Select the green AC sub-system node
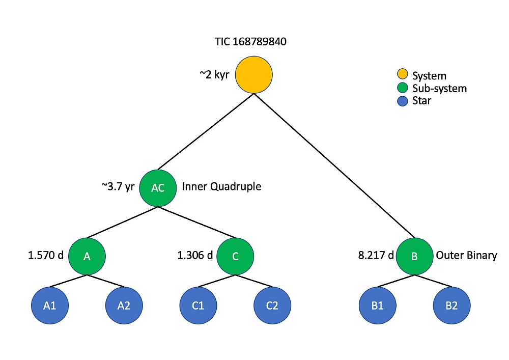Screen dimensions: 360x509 click(158, 187)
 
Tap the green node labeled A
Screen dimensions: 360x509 click(87, 256)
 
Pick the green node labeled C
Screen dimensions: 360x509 click(235, 256)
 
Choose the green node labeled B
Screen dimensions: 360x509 click(414, 256)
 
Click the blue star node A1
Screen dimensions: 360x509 click(49, 306)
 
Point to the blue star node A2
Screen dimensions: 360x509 click(124, 306)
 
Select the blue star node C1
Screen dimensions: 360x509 click(198, 306)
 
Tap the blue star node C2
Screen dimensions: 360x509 click(272, 306)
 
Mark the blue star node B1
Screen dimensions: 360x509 click(377, 306)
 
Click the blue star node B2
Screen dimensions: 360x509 click(451, 306)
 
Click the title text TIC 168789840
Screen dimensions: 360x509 click(250, 42)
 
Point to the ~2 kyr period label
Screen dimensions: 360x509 click(214, 74)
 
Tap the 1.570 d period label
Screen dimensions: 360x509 click(46, 255)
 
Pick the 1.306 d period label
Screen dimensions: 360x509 click(195, 255)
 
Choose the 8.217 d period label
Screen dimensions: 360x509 click(376, 255)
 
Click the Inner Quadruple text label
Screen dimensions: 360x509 click(221, 186)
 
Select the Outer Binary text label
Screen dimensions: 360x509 click(466, 255)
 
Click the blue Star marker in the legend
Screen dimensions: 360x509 click(402, 101)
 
